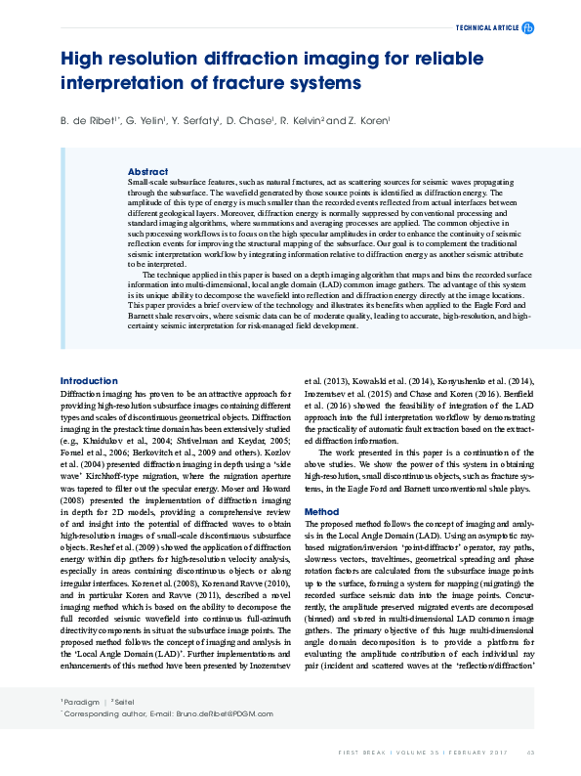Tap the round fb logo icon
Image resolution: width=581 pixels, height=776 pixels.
point(528,28)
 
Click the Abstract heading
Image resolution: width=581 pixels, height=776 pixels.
point(147,170)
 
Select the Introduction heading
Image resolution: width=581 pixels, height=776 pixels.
point(89,380)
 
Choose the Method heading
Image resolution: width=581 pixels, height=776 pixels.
point(321,511)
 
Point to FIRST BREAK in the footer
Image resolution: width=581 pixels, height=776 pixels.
point(363,753)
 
